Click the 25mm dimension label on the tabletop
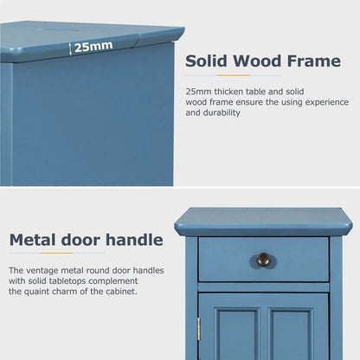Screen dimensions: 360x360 pos(93,47)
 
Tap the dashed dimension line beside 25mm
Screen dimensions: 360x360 pos(69,48)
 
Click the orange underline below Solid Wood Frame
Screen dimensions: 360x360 pos(233,75)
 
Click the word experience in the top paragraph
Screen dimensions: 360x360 pos(327,103)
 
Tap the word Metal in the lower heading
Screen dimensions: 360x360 pos(33,240)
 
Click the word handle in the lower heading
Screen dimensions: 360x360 pos(134,240)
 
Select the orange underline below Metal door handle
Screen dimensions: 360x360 pos(56,254)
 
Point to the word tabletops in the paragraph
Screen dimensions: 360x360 pos(68,281)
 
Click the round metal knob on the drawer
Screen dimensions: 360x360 pos(263,260)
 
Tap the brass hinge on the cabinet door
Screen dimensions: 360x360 pos(198,329)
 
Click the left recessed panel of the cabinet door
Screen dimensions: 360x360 pos(237,335)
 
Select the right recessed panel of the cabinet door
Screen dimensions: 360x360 pos(291,335)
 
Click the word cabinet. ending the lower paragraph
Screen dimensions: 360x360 pos(122,292)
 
